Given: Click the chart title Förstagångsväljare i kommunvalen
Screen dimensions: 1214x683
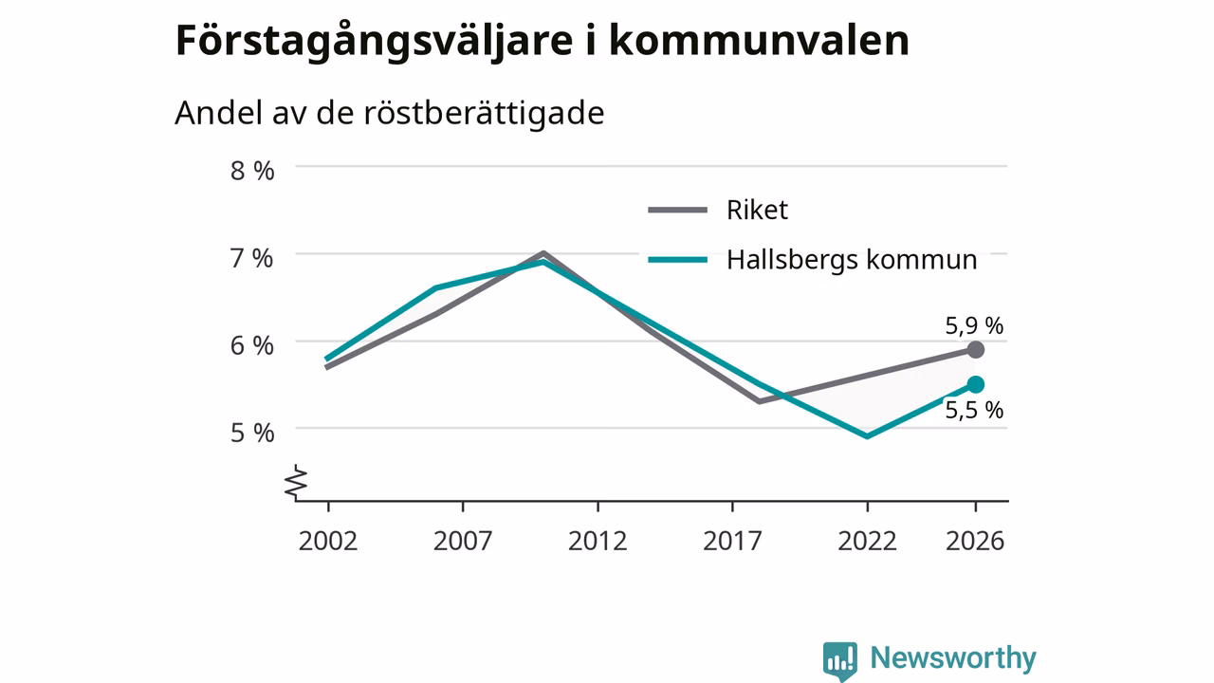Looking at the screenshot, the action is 542,41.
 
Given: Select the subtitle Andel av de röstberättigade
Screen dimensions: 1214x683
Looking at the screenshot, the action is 389,113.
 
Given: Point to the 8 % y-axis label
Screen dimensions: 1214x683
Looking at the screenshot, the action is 252,171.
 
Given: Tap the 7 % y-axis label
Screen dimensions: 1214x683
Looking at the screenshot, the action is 252,258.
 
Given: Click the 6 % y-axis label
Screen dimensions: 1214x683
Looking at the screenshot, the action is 252,346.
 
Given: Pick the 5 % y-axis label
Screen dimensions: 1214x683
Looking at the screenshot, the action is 252,434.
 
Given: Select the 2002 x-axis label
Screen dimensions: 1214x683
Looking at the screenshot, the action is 328,541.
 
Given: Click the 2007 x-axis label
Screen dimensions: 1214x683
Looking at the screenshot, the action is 463,541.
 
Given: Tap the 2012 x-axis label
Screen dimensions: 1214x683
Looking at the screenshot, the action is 598,541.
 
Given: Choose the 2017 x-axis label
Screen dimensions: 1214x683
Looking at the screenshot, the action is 733,541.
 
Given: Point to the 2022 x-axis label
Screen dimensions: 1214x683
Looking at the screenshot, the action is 868,541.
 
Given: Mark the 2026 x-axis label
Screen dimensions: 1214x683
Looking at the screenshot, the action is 976,541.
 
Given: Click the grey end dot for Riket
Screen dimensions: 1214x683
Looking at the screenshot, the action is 976,350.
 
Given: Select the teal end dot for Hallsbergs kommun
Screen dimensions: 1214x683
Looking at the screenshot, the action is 976,385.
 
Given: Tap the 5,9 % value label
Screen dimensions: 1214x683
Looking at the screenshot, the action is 974,325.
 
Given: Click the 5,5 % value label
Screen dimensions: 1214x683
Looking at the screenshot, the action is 974,411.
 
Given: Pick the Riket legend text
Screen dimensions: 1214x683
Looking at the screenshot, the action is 757,210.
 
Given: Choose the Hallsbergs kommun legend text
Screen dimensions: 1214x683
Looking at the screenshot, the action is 852,260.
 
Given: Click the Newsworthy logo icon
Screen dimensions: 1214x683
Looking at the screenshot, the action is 840,661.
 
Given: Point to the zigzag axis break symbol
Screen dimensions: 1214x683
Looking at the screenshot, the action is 296,482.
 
